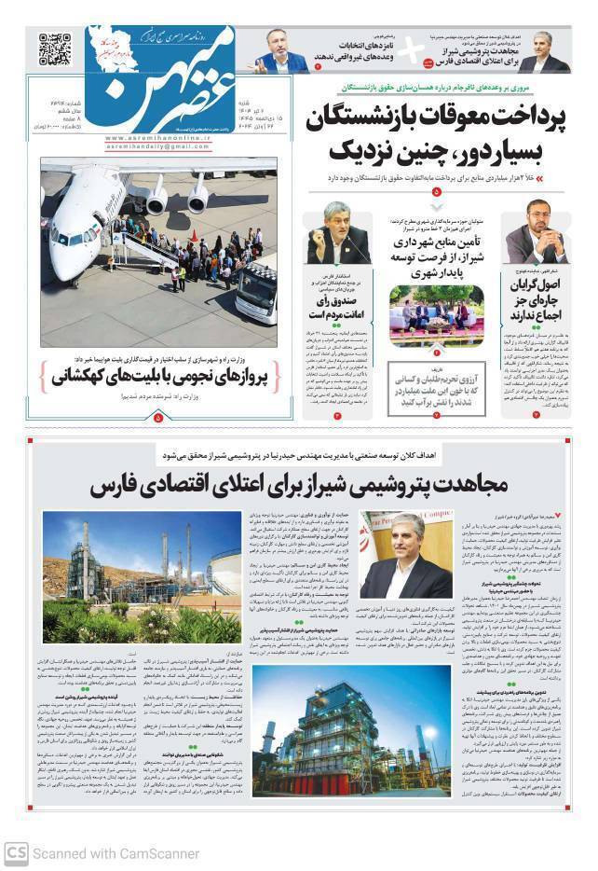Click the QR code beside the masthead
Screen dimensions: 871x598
(x=53, y=48)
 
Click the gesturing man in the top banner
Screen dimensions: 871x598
(x=280, y=53)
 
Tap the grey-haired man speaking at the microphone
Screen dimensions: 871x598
(x=336, y=232)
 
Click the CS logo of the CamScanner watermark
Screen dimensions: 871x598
(x=15, y=852)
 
